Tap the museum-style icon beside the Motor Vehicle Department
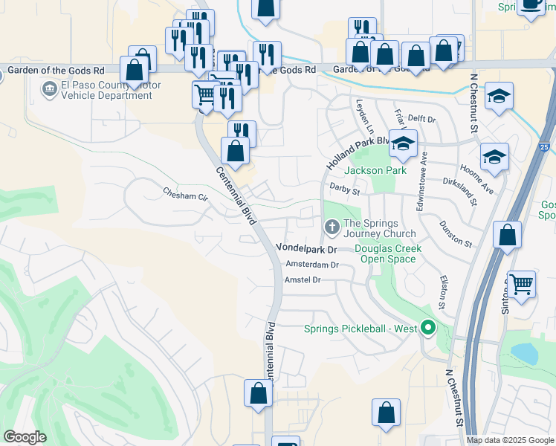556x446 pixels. coord(50,90)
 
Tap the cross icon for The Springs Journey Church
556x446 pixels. coord(331,225)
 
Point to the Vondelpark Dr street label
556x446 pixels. coord(307,248)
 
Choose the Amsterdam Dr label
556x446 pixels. coord(311,264)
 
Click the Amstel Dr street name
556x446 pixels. coord(302,279)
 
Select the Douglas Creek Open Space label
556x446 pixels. coord(388,253)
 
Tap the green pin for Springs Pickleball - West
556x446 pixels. coord(427,326)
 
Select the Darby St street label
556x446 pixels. coord(345,190)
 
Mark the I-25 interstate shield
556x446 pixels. coord(546,148)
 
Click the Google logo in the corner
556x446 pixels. coord(25,437)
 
